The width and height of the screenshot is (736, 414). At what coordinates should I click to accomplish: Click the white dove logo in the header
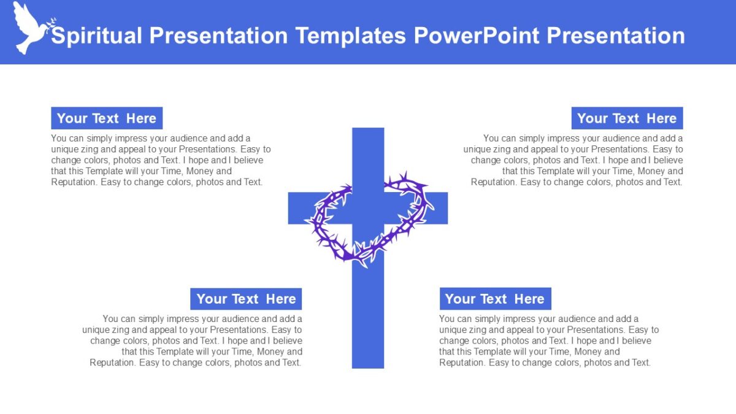tap(29, 28)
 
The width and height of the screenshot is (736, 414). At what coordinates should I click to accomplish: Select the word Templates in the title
tap(350, 36)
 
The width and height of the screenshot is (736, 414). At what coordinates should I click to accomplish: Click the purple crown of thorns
tap(368, 218)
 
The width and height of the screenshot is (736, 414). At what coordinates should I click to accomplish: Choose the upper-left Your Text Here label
tap(107, 118)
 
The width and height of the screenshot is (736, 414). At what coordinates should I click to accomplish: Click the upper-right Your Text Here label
tap(627, 118)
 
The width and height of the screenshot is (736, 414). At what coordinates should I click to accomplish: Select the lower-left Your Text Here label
tap(246, 299)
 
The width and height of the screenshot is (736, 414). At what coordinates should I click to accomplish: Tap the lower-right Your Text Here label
tap(495, 299)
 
